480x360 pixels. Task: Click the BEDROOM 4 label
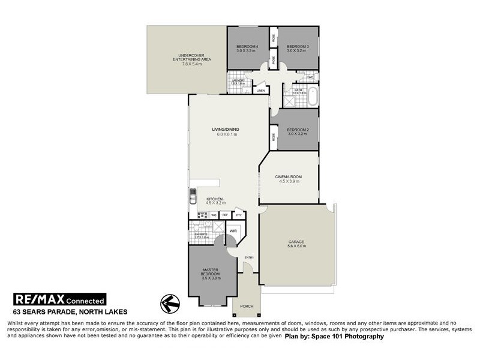coord(247,47)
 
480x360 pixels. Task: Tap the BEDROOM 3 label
coord(297,47)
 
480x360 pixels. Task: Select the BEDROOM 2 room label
coord(297,130)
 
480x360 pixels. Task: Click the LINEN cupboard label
coord(261,91)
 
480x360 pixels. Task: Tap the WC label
coord(311,77)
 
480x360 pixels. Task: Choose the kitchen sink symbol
coord(193,196)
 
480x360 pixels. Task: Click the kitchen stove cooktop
coord(202,215)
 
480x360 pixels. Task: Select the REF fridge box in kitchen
coord(225,215)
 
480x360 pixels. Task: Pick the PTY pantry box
coord(239,215)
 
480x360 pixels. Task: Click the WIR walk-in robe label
coord(233,230)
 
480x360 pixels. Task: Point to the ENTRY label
coord(249,258)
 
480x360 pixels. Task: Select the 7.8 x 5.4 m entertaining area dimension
coord(187,64)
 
